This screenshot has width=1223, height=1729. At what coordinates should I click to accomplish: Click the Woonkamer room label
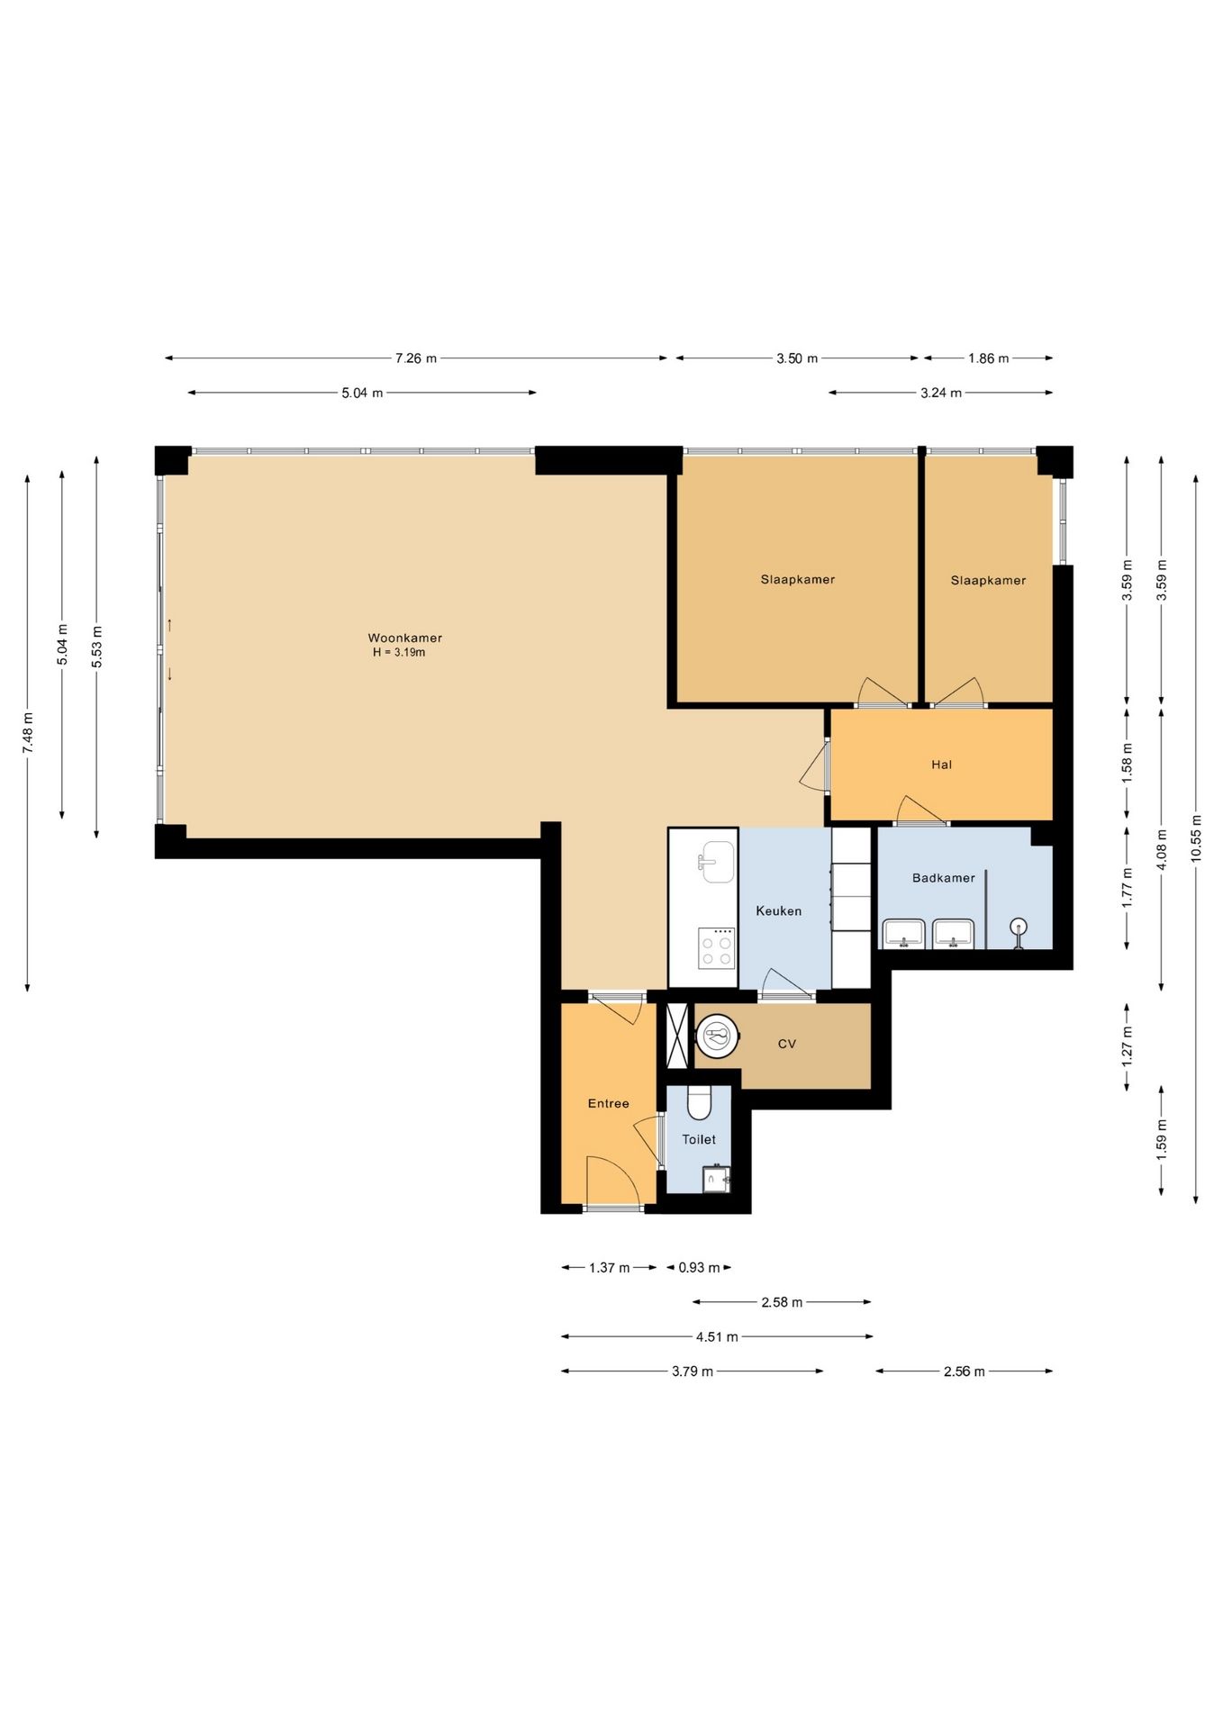pyautogui.click(x=404, y=638)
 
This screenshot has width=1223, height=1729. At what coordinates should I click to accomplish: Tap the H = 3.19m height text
pyautogui.click(x=399, y=653)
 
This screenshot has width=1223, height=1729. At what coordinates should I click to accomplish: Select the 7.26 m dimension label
pyautogui.click(x=416, y=358)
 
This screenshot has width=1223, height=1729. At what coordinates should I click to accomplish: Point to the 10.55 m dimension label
pyautogui.click(x=1196, y=838)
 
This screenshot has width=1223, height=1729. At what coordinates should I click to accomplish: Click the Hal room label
pyautogui.click(x=941, y=765)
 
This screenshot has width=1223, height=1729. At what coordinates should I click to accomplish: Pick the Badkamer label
pyautogui.click(x=943, y=878)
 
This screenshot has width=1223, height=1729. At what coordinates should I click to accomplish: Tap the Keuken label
pyautogui.click(x=778, y=911)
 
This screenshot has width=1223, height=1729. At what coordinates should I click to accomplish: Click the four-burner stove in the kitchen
pyautogui.click(x=717, y=948)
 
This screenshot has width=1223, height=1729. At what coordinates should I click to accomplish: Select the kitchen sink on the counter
pyautogui.click(x=717, y=861)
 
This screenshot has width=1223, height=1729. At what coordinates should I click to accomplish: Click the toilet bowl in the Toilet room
pyautogui.click(x=699, y=1101)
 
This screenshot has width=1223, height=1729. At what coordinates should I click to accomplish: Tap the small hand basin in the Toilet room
pyautogui.click(x=716, y=1179)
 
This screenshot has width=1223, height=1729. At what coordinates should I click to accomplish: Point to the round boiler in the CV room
pyautogui.click(x=718, y=1037)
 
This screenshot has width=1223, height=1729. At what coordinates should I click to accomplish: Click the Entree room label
pyautogui.click(x=608, y=1104)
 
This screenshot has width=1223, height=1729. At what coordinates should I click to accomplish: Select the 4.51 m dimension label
pyautogui.click(x=717, y=1337)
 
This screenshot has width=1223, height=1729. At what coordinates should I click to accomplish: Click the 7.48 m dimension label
pyautogui.click(x=28, y=733)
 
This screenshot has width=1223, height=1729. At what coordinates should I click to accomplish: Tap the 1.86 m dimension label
pyautogui.click(x=989, y=358)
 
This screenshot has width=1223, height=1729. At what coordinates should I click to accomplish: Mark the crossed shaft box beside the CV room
pyautogui.click(x=676, y=1036)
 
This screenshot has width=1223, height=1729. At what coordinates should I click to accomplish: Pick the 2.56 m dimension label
pyautogui.click(x=965, y=1371)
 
